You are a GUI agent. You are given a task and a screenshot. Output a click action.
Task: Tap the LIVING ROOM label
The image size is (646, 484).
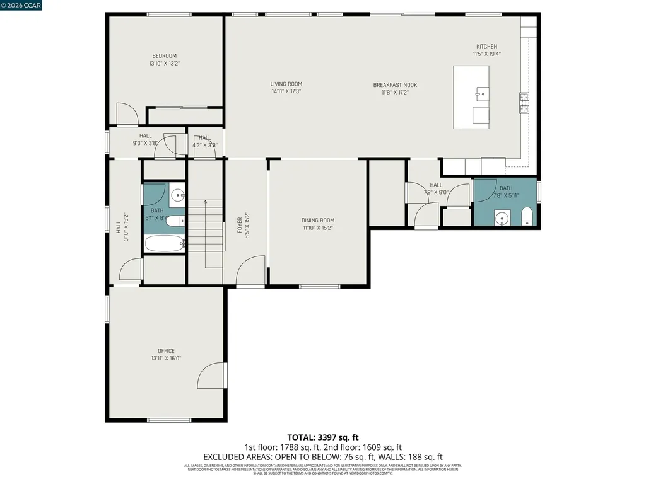click(286, 84)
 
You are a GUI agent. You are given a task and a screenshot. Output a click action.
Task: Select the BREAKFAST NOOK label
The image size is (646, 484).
click(395, 85)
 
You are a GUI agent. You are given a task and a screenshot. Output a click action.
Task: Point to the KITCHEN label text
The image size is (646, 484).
click(486, 47)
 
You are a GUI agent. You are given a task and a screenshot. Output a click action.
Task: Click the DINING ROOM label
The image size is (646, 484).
click(317, 221)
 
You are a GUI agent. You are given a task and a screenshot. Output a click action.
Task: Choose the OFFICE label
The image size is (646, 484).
click(166, 351)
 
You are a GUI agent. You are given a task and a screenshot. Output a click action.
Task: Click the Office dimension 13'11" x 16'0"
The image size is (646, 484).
click(166, 359)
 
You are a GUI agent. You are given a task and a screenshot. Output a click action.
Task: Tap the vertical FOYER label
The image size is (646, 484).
click(240, 222)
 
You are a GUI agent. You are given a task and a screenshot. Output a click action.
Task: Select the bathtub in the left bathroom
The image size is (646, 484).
click(165, 243)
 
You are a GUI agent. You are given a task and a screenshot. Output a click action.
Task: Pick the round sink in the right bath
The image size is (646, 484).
click(502, 219)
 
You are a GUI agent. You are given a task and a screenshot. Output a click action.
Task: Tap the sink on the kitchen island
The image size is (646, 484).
click(480, 95)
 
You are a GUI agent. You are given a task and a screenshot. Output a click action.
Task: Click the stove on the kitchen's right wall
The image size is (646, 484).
click(524, 102)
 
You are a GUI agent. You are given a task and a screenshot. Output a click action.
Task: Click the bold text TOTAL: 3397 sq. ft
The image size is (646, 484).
click(323, 437)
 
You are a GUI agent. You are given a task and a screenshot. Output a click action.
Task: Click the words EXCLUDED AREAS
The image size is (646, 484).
click(235, 457)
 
